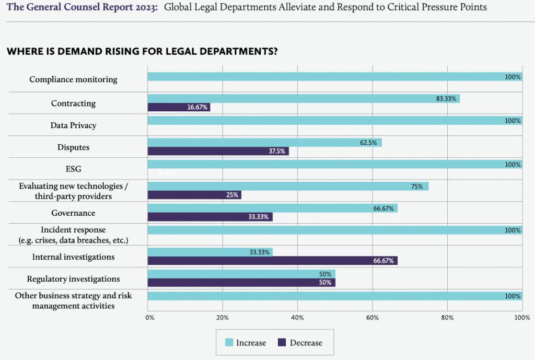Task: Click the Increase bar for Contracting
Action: (x=303, y=99)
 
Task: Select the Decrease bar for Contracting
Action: (x=179, y=107)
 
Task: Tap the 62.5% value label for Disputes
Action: (x=368, y=143)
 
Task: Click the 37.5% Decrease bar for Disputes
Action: (x=218, y=151)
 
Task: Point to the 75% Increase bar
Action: (x=288, y=187)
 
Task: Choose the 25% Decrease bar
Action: (x=194, y=195)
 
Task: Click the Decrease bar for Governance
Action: (x=210, y=217)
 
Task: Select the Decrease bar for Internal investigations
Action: (x=272, y=261)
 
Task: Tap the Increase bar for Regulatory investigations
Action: (x=241, y=274)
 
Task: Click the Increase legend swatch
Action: (x=229, y=343)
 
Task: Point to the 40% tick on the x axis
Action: (x=297, y=317)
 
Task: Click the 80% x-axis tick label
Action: (x=447, y=317)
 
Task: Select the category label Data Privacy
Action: (x=73, y=125)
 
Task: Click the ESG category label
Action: (x=73, y=169)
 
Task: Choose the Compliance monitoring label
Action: (x=73, y=79)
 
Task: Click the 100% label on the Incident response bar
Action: (x=513, y=230)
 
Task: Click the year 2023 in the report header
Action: (x=145, y=7)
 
